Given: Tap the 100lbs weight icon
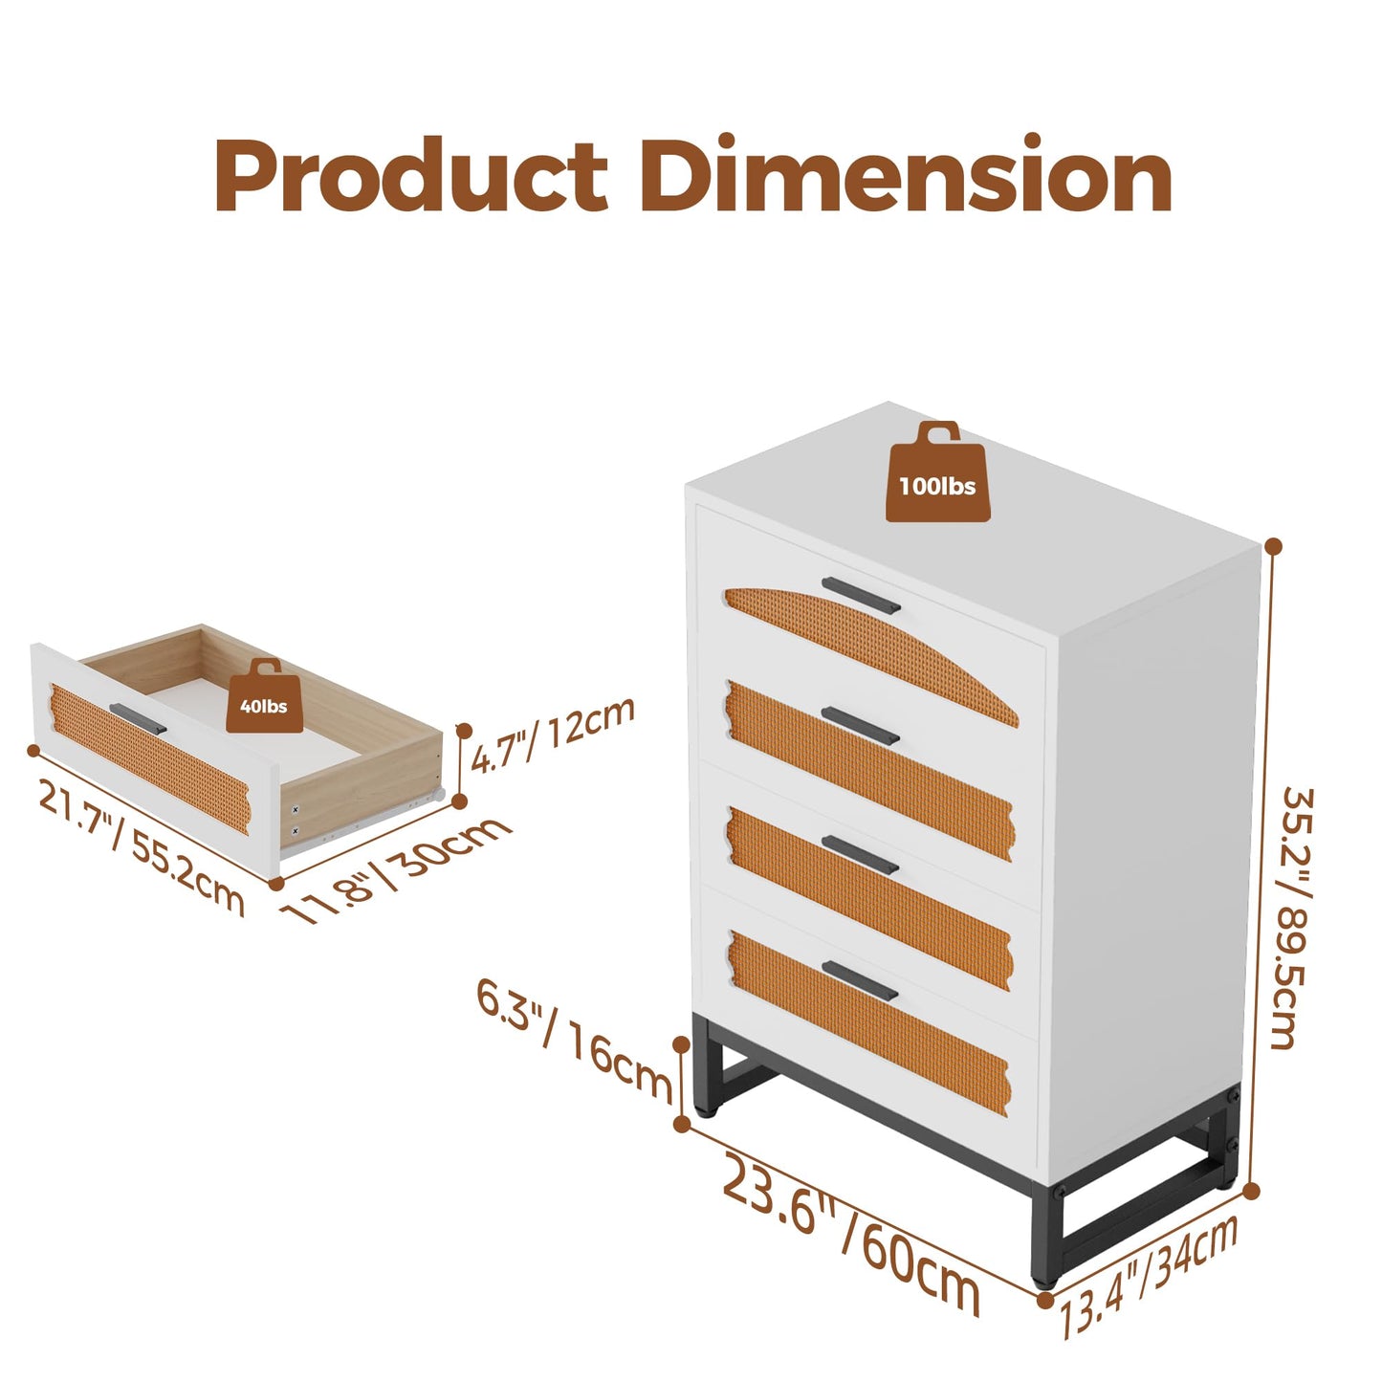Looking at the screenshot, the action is coord(937,472).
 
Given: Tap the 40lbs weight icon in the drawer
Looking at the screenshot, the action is coord(264,695).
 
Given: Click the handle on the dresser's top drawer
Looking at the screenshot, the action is coord(861,595).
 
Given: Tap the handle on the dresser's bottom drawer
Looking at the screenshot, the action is coord(860,981).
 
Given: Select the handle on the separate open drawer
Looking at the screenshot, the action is coord(139,718).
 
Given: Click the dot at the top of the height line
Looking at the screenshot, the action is coord(1274,546).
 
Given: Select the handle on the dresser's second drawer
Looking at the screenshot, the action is coord(861,726).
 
